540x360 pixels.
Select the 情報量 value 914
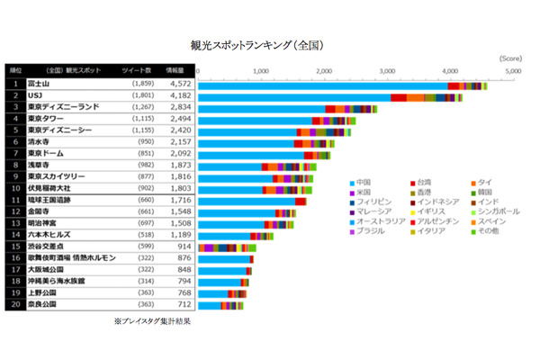coord(178,247)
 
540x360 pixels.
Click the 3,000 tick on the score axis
coord(385,70)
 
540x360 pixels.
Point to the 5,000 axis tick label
coord(512,70)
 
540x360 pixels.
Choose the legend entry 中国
coord(364,183)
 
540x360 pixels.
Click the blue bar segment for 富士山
coord(324,84)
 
